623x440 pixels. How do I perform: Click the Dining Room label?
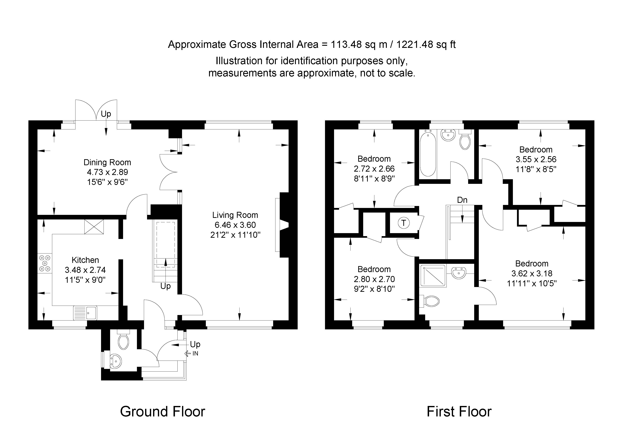coord(107,162)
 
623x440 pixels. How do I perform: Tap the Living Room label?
coord(235,215)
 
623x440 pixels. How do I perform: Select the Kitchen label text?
coord(85,260)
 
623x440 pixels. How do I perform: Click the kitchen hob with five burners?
coord(45,263)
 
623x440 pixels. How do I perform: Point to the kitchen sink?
coord(85,313)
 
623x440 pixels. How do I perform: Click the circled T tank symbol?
coord(404,223)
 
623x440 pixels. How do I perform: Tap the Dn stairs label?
coord(462,200)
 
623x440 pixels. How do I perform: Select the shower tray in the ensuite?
coord(433,276)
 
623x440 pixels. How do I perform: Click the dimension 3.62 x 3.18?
coord(532,273)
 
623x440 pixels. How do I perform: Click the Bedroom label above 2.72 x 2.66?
coord(374,159)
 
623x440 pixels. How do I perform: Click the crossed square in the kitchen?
coord(94,227)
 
